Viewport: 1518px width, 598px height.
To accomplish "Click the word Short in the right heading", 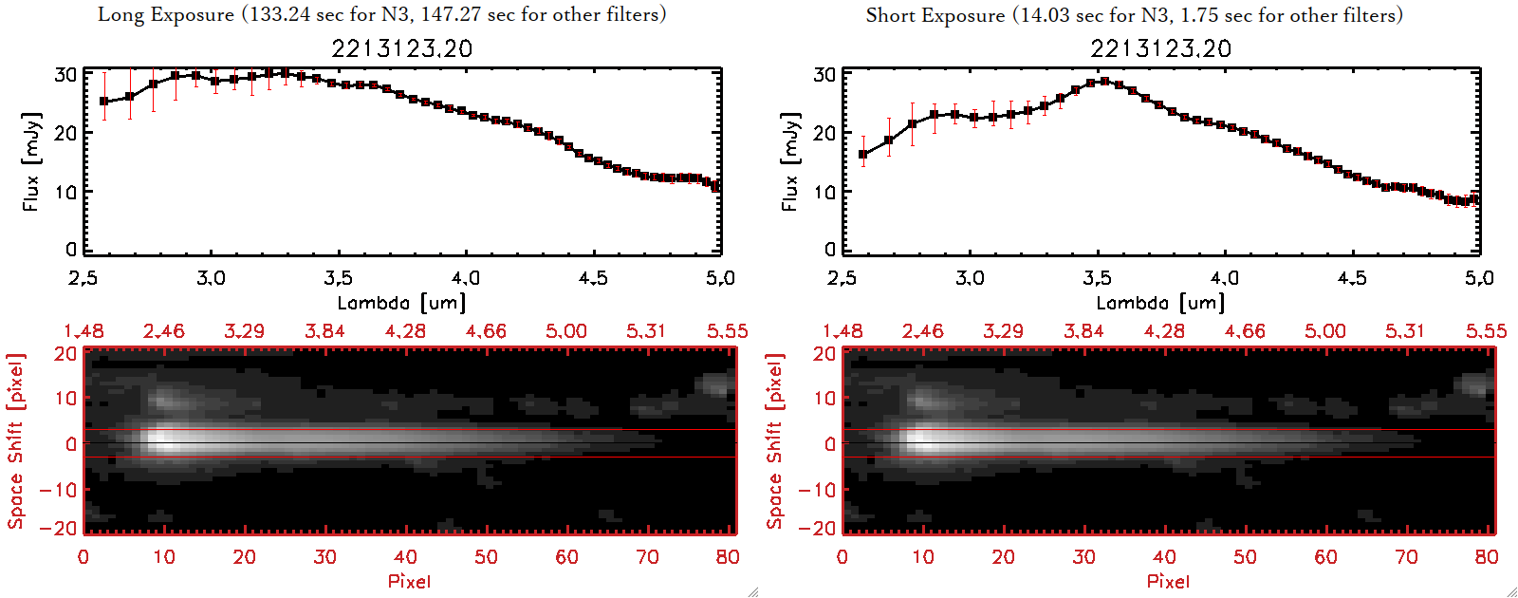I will tap(890, 15).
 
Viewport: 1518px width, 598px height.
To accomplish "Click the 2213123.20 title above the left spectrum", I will tap(401, 48).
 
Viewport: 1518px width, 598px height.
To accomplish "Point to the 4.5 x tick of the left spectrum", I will tap(593, 278).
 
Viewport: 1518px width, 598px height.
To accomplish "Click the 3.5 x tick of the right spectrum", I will tap(1097, 278).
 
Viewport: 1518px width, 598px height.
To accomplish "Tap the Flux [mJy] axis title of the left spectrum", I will tap(31, 161).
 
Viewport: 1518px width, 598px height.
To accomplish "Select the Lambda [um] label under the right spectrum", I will tap(1160, 303).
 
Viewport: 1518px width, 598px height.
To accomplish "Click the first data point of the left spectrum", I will tap(104, 102).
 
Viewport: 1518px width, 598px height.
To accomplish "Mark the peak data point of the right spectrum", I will tap(1104, 82).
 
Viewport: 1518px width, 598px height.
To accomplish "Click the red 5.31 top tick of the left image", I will tap(646, 331).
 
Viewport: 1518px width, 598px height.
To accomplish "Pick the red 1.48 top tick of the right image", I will tap(842, 331).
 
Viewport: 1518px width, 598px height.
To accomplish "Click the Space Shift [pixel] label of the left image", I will tap(15, 441).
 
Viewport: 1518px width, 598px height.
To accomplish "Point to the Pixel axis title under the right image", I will tap(1168, 581).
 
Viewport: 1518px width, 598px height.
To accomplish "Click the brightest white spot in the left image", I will tap(159, 440).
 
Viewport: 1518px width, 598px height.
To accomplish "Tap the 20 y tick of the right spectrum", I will tap(824, 133).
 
